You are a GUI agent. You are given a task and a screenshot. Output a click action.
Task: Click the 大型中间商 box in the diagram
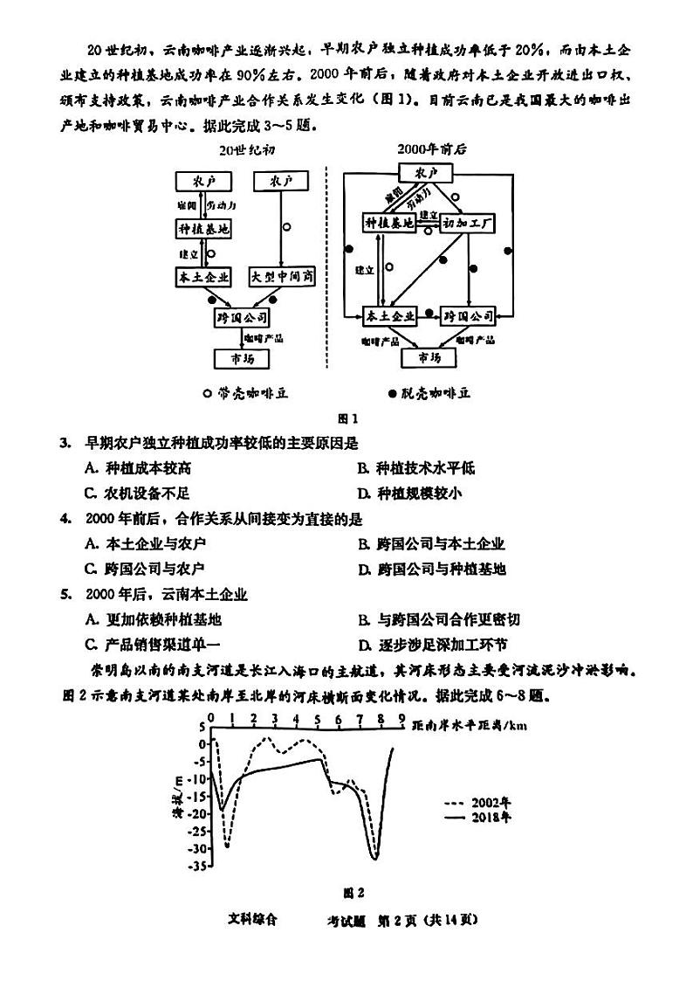click(282, 277)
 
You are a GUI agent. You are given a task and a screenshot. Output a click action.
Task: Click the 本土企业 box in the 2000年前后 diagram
click(389, 315)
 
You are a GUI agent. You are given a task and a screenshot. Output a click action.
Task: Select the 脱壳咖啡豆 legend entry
click(430, 393)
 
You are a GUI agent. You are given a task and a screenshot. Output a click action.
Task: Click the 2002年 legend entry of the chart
click(477, 802)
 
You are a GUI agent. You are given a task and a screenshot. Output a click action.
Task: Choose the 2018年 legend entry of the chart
click(477, 818)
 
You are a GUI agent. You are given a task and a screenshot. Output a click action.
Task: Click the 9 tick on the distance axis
click(401, 718)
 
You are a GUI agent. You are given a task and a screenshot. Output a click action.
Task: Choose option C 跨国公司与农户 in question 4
click(145, 569)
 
